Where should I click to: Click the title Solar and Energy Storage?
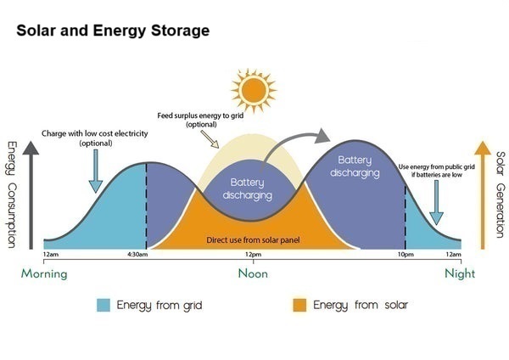point(112,31)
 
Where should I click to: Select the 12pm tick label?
point(252,255)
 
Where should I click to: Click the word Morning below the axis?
point(44,273)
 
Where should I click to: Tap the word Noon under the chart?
point(253,273)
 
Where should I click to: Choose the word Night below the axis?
point(460,273)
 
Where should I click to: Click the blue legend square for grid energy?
point(103,305)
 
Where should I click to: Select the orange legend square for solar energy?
point(299,305)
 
